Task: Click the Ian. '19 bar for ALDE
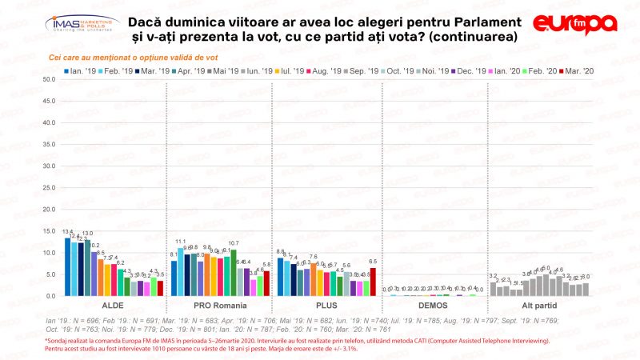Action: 67,267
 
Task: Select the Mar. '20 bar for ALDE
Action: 160,288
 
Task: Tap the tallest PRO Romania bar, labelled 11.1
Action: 181,272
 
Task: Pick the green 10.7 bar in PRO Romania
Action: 234,273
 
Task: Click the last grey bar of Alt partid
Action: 586,290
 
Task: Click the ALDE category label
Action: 113,306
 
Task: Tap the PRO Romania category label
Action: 219,306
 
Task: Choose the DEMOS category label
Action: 432,306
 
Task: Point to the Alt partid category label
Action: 538,306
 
